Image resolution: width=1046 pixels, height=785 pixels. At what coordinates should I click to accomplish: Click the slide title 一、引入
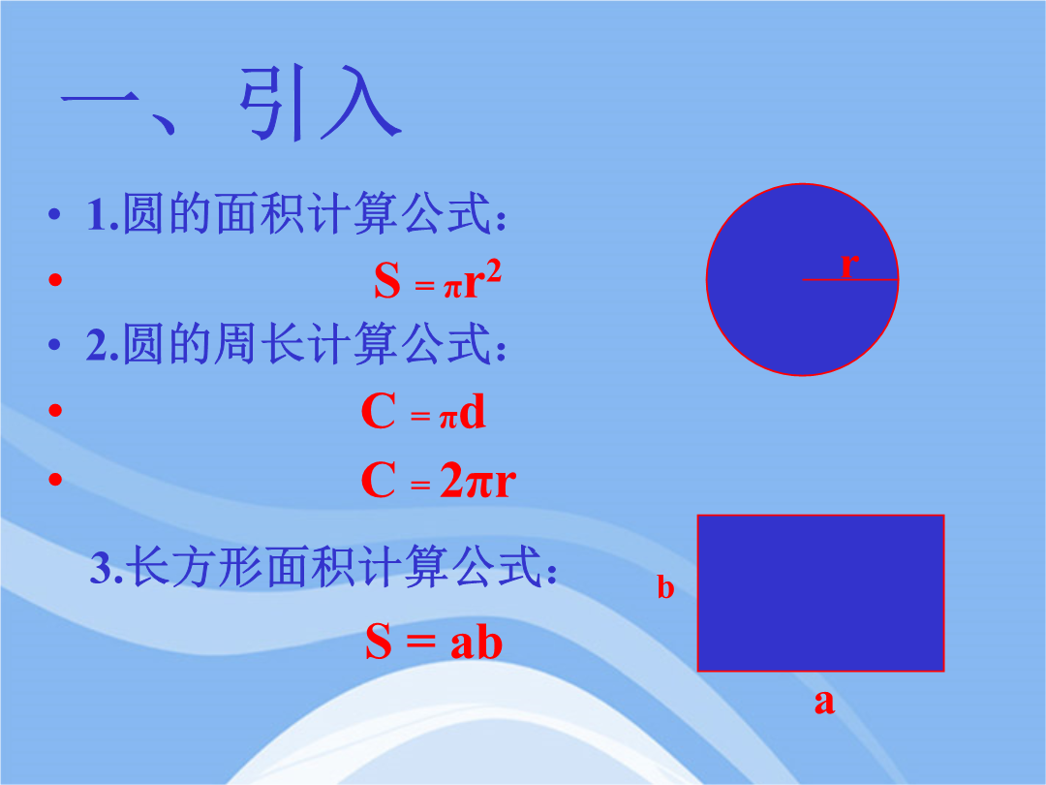[x=231, y=104]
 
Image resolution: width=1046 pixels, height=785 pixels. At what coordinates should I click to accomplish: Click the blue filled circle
[x=803, y=279]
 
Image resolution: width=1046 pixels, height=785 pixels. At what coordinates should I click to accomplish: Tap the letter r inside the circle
[x=848, y=265]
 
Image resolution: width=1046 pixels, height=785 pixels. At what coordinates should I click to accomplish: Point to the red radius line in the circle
[x=850, y=279]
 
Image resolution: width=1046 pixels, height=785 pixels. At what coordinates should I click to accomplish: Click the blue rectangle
[x=820, y=593]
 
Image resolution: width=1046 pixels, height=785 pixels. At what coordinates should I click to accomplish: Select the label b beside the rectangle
[x=665, y=586]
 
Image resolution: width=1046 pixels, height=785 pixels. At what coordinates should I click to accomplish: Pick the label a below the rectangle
[x=824, y=702]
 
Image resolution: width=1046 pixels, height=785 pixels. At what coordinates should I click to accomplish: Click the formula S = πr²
[x=438, y=280]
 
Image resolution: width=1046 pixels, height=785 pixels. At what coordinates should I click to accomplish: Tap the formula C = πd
[x=423, y=411]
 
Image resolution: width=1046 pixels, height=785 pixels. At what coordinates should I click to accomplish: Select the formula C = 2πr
[x=439, y=480]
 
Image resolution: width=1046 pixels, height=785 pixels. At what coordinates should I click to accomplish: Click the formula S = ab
[x=434, y=642]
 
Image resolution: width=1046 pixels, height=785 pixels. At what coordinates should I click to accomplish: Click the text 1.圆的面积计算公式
[x=296, y=213]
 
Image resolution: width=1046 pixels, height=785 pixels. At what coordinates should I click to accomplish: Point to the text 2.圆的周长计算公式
[x=296, y=343]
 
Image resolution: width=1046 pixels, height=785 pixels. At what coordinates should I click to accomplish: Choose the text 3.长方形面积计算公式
[x=323, y=566]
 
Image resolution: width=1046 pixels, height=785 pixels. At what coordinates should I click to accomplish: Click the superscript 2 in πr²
[x=494, y=271]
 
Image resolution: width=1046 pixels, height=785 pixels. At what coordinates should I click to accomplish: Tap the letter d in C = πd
[x=473, y=411]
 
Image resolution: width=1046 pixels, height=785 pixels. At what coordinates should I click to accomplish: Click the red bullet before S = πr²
[x=55, y=279]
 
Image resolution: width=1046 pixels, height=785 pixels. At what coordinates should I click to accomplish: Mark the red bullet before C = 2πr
[x=55, y=479]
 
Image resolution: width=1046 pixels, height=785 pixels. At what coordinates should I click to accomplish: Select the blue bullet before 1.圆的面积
[x=54, y=214]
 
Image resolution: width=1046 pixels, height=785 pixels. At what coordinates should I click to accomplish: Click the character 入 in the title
[x=360, y=104]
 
